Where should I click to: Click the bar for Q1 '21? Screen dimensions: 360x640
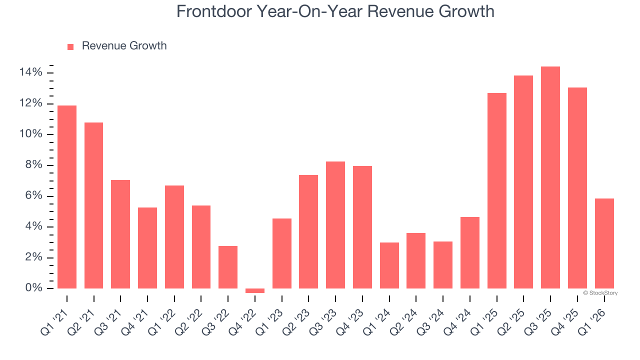coord(67,197)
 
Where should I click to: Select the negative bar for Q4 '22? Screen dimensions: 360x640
coord(255,290)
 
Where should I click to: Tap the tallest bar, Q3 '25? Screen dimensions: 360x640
coord(550,177)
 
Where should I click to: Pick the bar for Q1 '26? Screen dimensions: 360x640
coord(604,243)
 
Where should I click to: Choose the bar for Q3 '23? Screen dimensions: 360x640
coord(335,225)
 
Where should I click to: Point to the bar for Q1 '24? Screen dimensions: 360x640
coord(389,265)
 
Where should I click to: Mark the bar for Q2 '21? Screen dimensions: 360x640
coord(94,205)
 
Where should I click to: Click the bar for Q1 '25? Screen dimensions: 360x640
coord(496,190)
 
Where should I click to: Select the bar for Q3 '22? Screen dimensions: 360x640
coord(228,267)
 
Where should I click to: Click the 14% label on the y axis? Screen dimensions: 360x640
coord(31,73)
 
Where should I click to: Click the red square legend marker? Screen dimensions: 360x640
coord(70,46)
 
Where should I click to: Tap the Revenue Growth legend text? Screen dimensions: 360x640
coord(124,46)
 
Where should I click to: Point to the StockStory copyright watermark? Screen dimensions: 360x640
coord(600,293)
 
